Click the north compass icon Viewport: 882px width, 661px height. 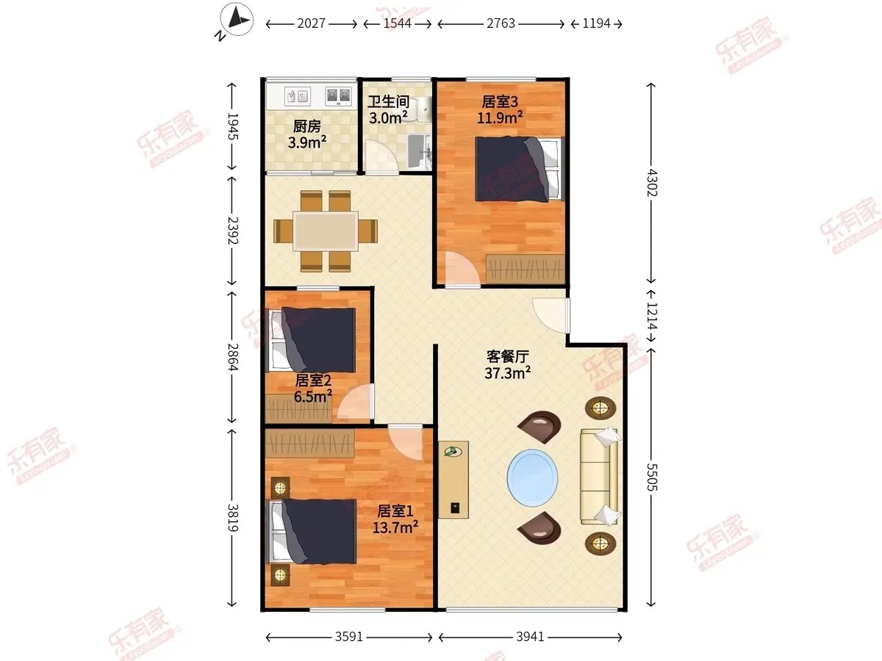(237, 19)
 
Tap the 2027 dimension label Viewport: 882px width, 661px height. (311, 24)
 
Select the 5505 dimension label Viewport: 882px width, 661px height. (651, 477)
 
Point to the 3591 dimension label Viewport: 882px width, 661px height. (349, 637)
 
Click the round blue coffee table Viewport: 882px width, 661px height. (532, 477)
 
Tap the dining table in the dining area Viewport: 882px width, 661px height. (326, 231)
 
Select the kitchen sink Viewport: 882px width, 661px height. (297, 96)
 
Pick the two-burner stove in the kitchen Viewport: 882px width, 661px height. (338, 96)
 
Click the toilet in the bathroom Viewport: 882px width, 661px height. (423, 109)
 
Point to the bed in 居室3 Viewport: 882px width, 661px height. (520, 169)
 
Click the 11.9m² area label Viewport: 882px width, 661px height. (500, 118)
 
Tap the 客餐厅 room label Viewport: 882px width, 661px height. (507, 356)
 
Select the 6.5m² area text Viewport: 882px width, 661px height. (313, 397)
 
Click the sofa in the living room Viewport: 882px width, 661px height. (600, 477)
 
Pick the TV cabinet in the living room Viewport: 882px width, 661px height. (453, 480)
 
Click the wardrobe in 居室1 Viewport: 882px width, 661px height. (310, 444)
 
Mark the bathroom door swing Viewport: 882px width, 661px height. (381, 156)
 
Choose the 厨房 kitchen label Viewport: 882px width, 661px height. (307, 126)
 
